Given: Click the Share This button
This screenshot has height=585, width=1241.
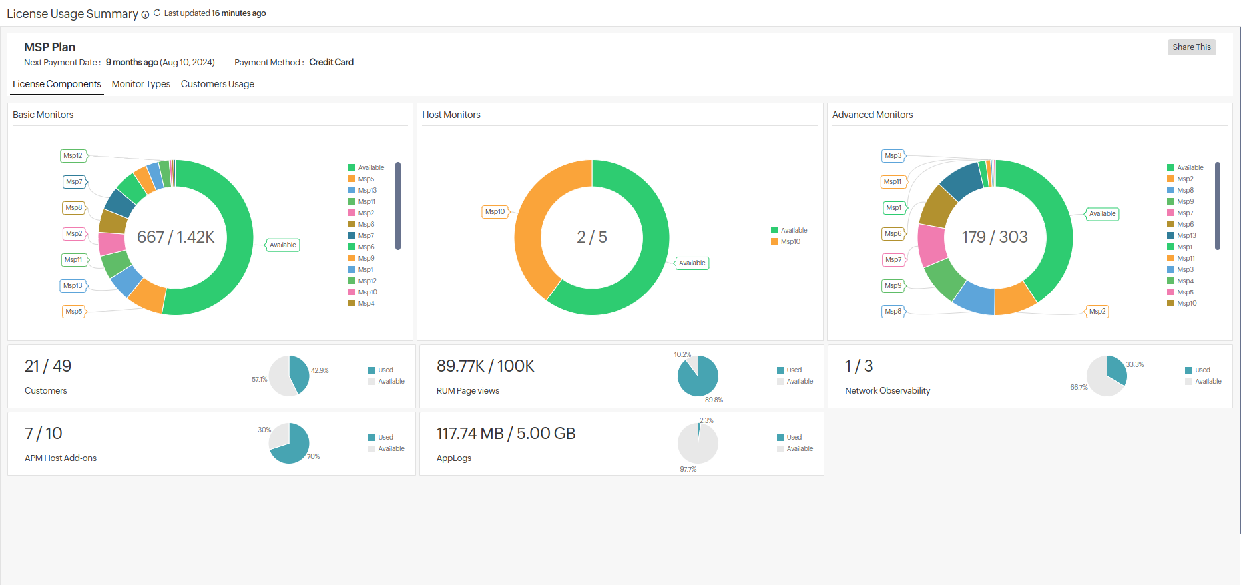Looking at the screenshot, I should (x=1191, y=47).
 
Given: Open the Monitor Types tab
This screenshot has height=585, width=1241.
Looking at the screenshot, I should (x=140, y=84).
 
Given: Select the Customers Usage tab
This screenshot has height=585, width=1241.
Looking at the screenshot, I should (x=217, y=84).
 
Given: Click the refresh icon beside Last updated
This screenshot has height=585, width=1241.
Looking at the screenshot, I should (x=157, y=13).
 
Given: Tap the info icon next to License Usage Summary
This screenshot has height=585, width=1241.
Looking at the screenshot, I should (x=145, y=15).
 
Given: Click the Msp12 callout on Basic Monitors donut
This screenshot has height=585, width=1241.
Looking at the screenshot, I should (x=73, y=156).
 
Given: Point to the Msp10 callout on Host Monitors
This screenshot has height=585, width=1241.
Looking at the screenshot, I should (x=495, y=212).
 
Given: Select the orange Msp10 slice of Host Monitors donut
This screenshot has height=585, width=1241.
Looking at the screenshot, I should (x=529, y=227).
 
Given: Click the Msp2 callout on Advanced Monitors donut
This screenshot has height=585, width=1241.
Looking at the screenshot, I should (x=1097, y=312).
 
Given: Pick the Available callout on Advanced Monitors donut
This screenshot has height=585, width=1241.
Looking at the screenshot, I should (x=1102, y=214).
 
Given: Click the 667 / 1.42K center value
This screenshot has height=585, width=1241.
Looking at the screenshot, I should (x=176, y=237).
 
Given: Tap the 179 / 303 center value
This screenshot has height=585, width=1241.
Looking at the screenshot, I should (x=995, y=237).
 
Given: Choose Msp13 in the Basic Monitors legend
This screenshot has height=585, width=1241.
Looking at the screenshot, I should (x=367, y=191).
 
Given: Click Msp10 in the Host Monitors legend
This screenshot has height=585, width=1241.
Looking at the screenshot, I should (x=790, y=242).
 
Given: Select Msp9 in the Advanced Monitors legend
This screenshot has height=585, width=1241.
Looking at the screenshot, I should (x=1185, y=202).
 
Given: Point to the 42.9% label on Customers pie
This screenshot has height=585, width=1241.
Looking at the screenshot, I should (x=320, y=371).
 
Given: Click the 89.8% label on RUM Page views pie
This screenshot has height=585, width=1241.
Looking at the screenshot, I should (x=714, y=400).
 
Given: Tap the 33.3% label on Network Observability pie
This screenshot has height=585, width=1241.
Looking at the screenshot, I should (x=1134, y=365).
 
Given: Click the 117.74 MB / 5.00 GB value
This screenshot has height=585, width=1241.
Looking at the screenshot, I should (x=506, y=434).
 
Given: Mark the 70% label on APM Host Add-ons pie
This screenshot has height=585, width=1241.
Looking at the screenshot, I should (x=313, y=457).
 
